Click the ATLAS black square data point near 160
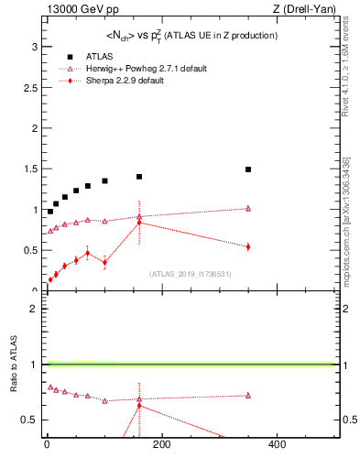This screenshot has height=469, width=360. (139, 177)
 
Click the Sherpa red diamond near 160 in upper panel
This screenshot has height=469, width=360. (139, 222)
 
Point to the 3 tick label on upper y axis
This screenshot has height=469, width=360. (33, 46)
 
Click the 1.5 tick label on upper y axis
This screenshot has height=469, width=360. (30, 169)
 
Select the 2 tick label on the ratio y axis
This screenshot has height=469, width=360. (33, 309)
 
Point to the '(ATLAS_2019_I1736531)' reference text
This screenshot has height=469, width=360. (190, 273)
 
